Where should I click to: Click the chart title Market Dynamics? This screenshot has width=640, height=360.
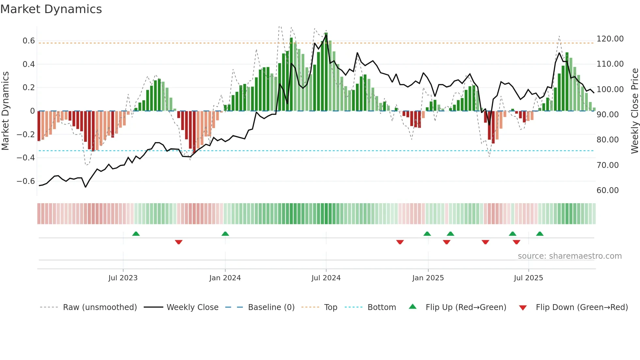51,9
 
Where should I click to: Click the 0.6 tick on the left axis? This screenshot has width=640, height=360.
29,41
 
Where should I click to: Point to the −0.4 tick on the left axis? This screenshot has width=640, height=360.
26,158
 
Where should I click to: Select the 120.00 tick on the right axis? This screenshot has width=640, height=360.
610,39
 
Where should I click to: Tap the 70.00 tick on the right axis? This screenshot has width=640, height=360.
607,165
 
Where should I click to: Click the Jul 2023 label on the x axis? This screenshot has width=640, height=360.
123,278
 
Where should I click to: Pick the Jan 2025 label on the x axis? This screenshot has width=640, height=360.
428,278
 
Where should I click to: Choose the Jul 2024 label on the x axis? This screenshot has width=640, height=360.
326,278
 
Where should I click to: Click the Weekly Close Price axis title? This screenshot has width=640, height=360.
634,111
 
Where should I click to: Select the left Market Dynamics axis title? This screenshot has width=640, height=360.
5,111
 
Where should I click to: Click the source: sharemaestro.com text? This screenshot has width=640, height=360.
569,256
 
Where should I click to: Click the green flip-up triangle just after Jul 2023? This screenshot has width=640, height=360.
136,234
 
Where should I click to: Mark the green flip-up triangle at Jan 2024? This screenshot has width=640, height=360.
225,234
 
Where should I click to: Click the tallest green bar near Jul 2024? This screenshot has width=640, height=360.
326,72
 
